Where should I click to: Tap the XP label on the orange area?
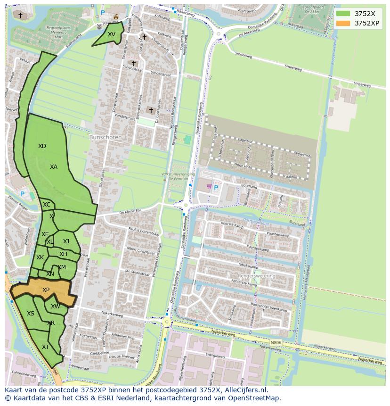pos(46,290)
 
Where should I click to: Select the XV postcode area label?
pos(111,34)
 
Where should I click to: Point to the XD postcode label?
pos(42,146)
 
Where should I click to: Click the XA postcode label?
pos(54,167)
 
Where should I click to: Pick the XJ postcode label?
pos(66,241)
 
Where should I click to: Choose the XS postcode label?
pos(30,314)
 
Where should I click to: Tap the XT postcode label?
pos(45,347)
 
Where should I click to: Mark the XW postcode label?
pos(56,307)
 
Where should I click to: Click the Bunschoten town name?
pos(106,137)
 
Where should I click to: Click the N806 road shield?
pos(276,342)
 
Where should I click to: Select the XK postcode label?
pos(40,257)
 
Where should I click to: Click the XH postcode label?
pos(63,254)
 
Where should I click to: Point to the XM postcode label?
pos(62,267)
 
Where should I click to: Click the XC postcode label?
pos(47,205)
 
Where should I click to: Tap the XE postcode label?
pos(45,234)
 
